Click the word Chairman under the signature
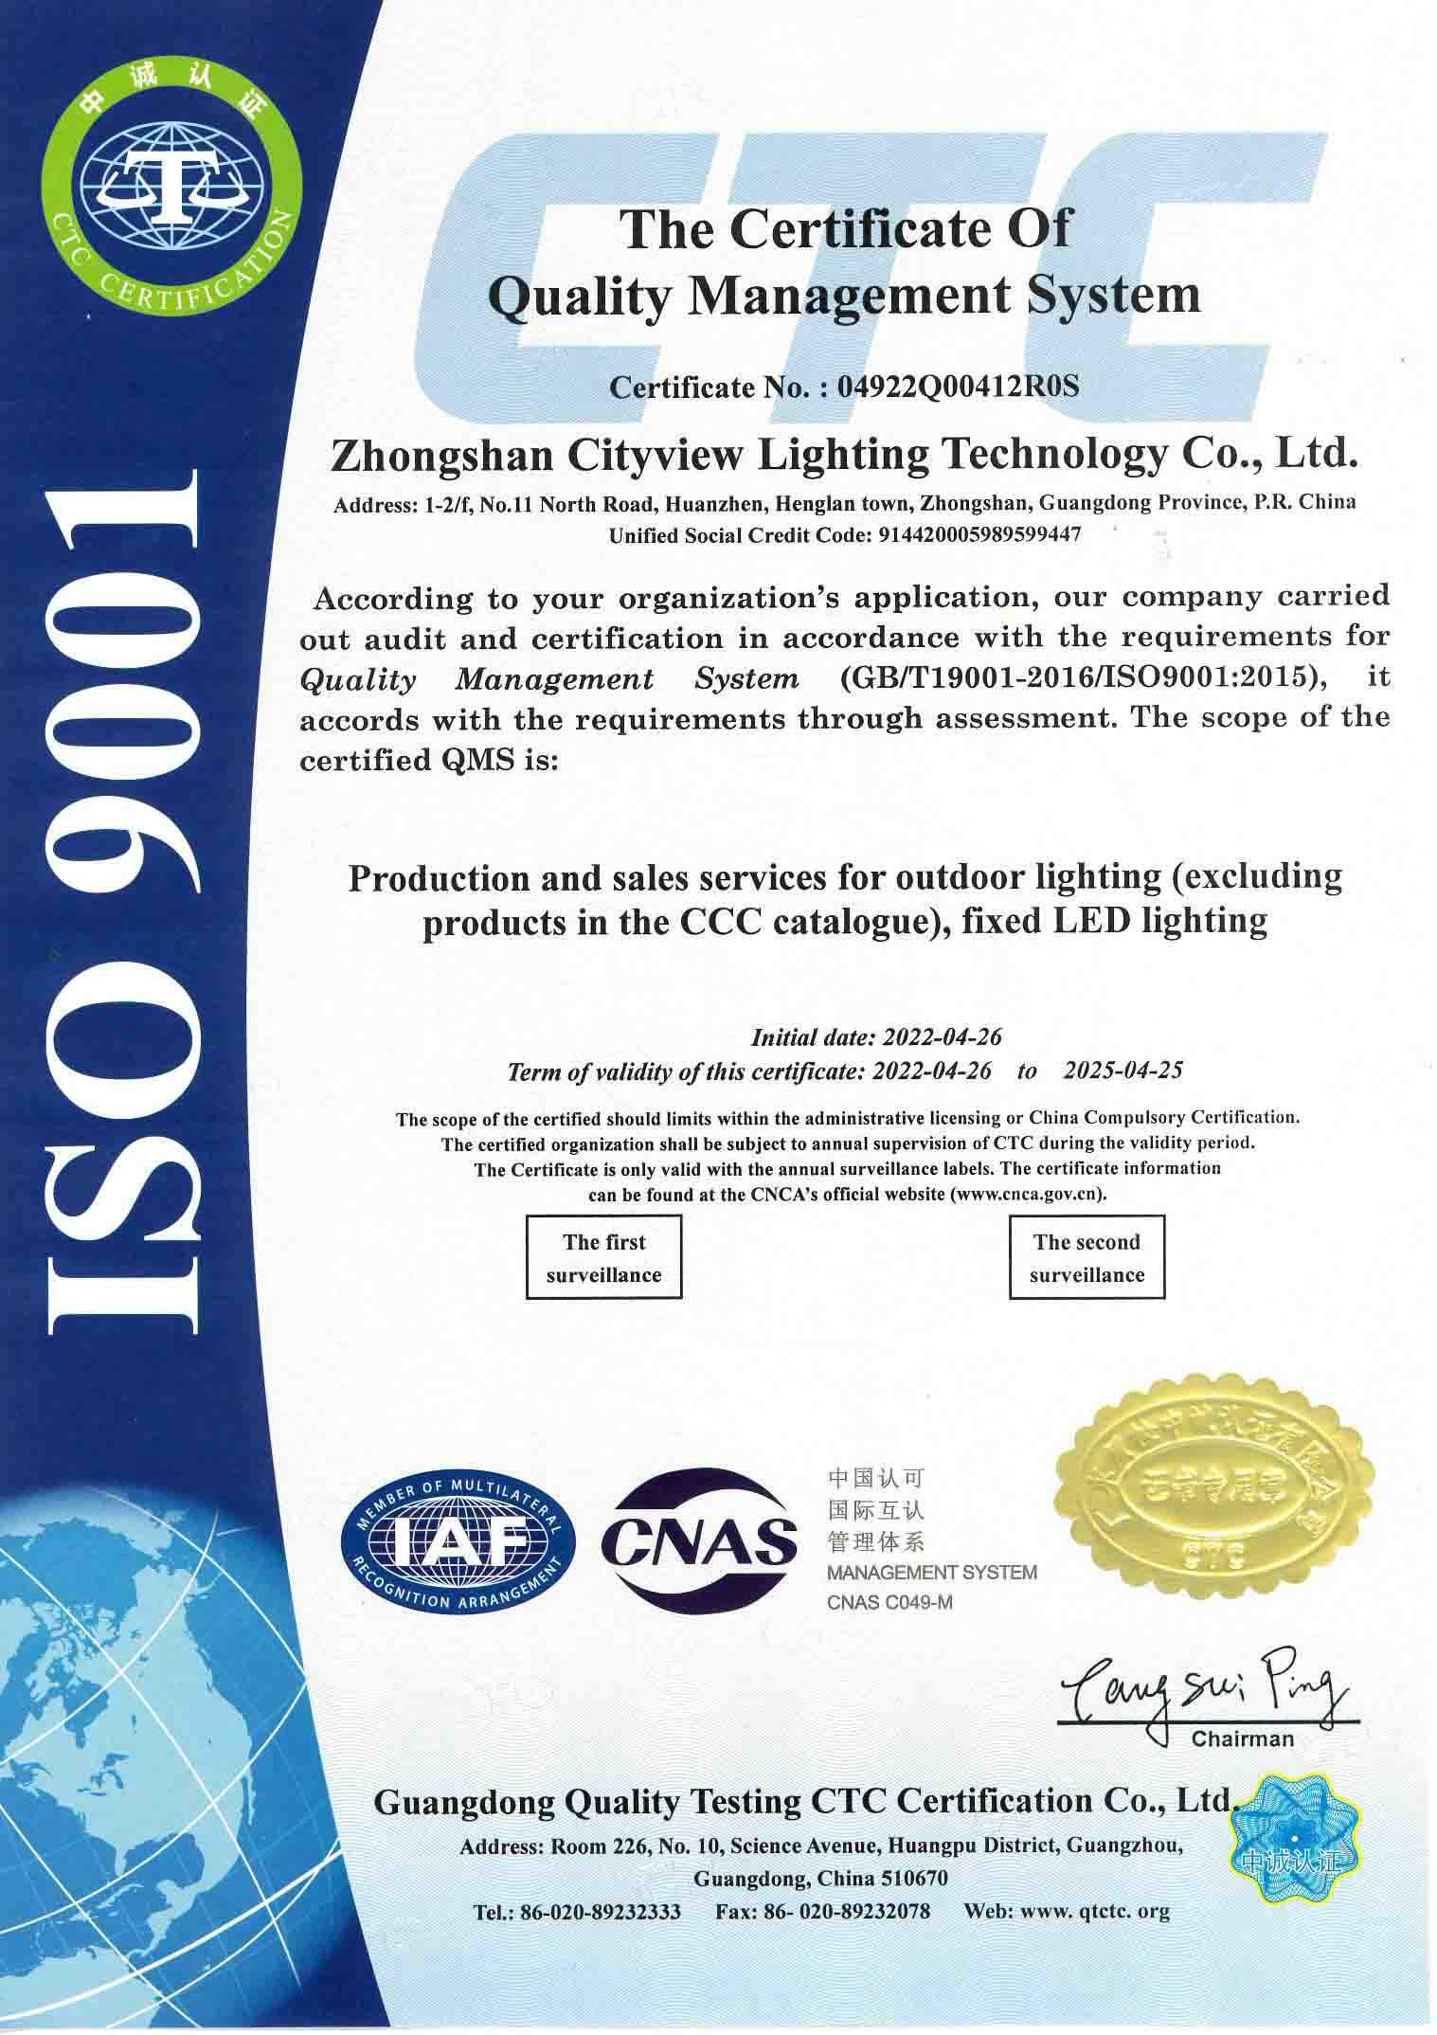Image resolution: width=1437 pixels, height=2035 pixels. (1242, 1738)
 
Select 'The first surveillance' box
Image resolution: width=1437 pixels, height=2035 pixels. (604, 1257)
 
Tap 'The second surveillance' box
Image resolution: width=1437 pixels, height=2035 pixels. (1087, 1257)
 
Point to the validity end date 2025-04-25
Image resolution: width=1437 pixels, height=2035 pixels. (1123, 1071)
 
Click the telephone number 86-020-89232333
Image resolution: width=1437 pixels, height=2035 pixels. (601, 1911)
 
